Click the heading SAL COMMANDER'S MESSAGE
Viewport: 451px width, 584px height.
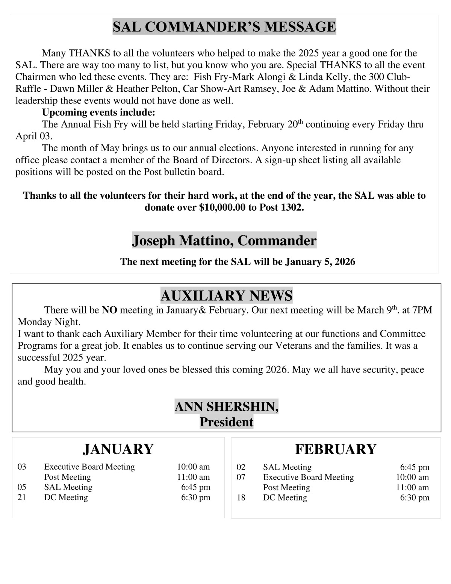(224, 27)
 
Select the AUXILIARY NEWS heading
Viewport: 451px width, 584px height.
(226, 296)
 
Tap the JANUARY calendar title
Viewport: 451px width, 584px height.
(118, 449)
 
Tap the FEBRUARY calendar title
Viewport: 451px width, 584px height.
(336, 449)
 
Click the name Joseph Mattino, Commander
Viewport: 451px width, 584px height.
(224, 240)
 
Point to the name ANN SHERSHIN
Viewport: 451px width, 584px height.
(226, 407)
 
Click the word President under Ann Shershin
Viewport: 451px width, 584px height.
(226, 422)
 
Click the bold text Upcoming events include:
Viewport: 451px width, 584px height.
(98, 113)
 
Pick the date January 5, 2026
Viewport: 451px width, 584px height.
(320, 262)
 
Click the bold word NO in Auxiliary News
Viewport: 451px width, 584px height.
(110, 310)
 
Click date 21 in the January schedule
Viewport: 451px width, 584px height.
(22, 497)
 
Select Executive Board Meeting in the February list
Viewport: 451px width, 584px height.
(308, 477)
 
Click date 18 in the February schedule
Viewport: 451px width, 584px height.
(241, 498)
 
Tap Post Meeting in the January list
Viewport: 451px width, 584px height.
(67, 477)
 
